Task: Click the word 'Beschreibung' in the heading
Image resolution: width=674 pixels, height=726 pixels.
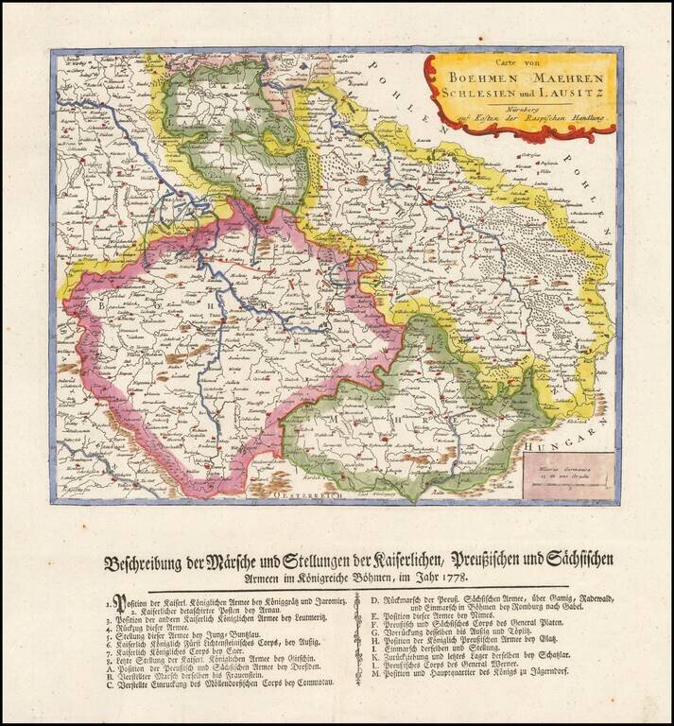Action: pos(147,560)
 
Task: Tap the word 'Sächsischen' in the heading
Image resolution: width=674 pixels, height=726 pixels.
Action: pos(577,560)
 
